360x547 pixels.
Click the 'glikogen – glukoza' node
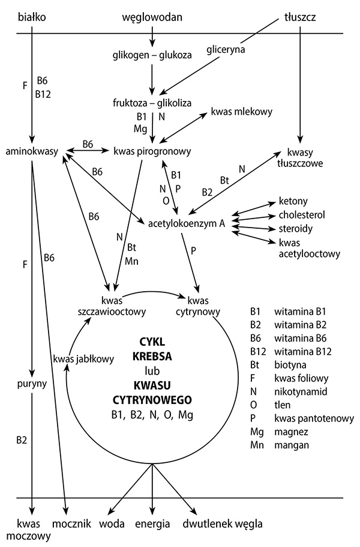(x=152, y=55)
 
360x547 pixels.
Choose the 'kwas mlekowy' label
(x=242, y=112)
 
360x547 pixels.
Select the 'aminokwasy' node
(x=32, y=150)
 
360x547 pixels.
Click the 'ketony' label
(x=292, y=201)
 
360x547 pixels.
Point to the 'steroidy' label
(x=295, y=229)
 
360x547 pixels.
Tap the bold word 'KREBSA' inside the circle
(x=152, y=355)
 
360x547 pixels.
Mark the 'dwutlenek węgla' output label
(x=223, y=523)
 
